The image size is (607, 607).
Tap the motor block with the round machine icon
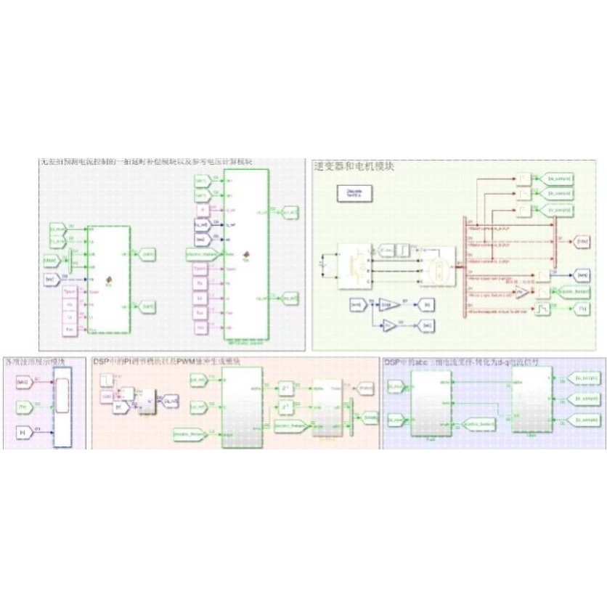pos(439,266)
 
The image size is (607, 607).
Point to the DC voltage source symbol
pos(325,266)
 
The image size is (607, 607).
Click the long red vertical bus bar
pos(465,266)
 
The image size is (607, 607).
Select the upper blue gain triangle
pos(389,305)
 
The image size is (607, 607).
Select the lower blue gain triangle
pos(391,326)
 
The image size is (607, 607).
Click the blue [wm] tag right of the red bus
pos(582,275)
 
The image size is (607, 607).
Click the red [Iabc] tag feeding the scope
pos(22,382)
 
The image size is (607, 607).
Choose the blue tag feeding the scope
pos(22,433)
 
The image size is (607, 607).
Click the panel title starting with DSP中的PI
pos(166,361)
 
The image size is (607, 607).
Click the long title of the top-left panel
pos(146,163)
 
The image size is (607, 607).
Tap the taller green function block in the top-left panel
pos(246,254)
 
